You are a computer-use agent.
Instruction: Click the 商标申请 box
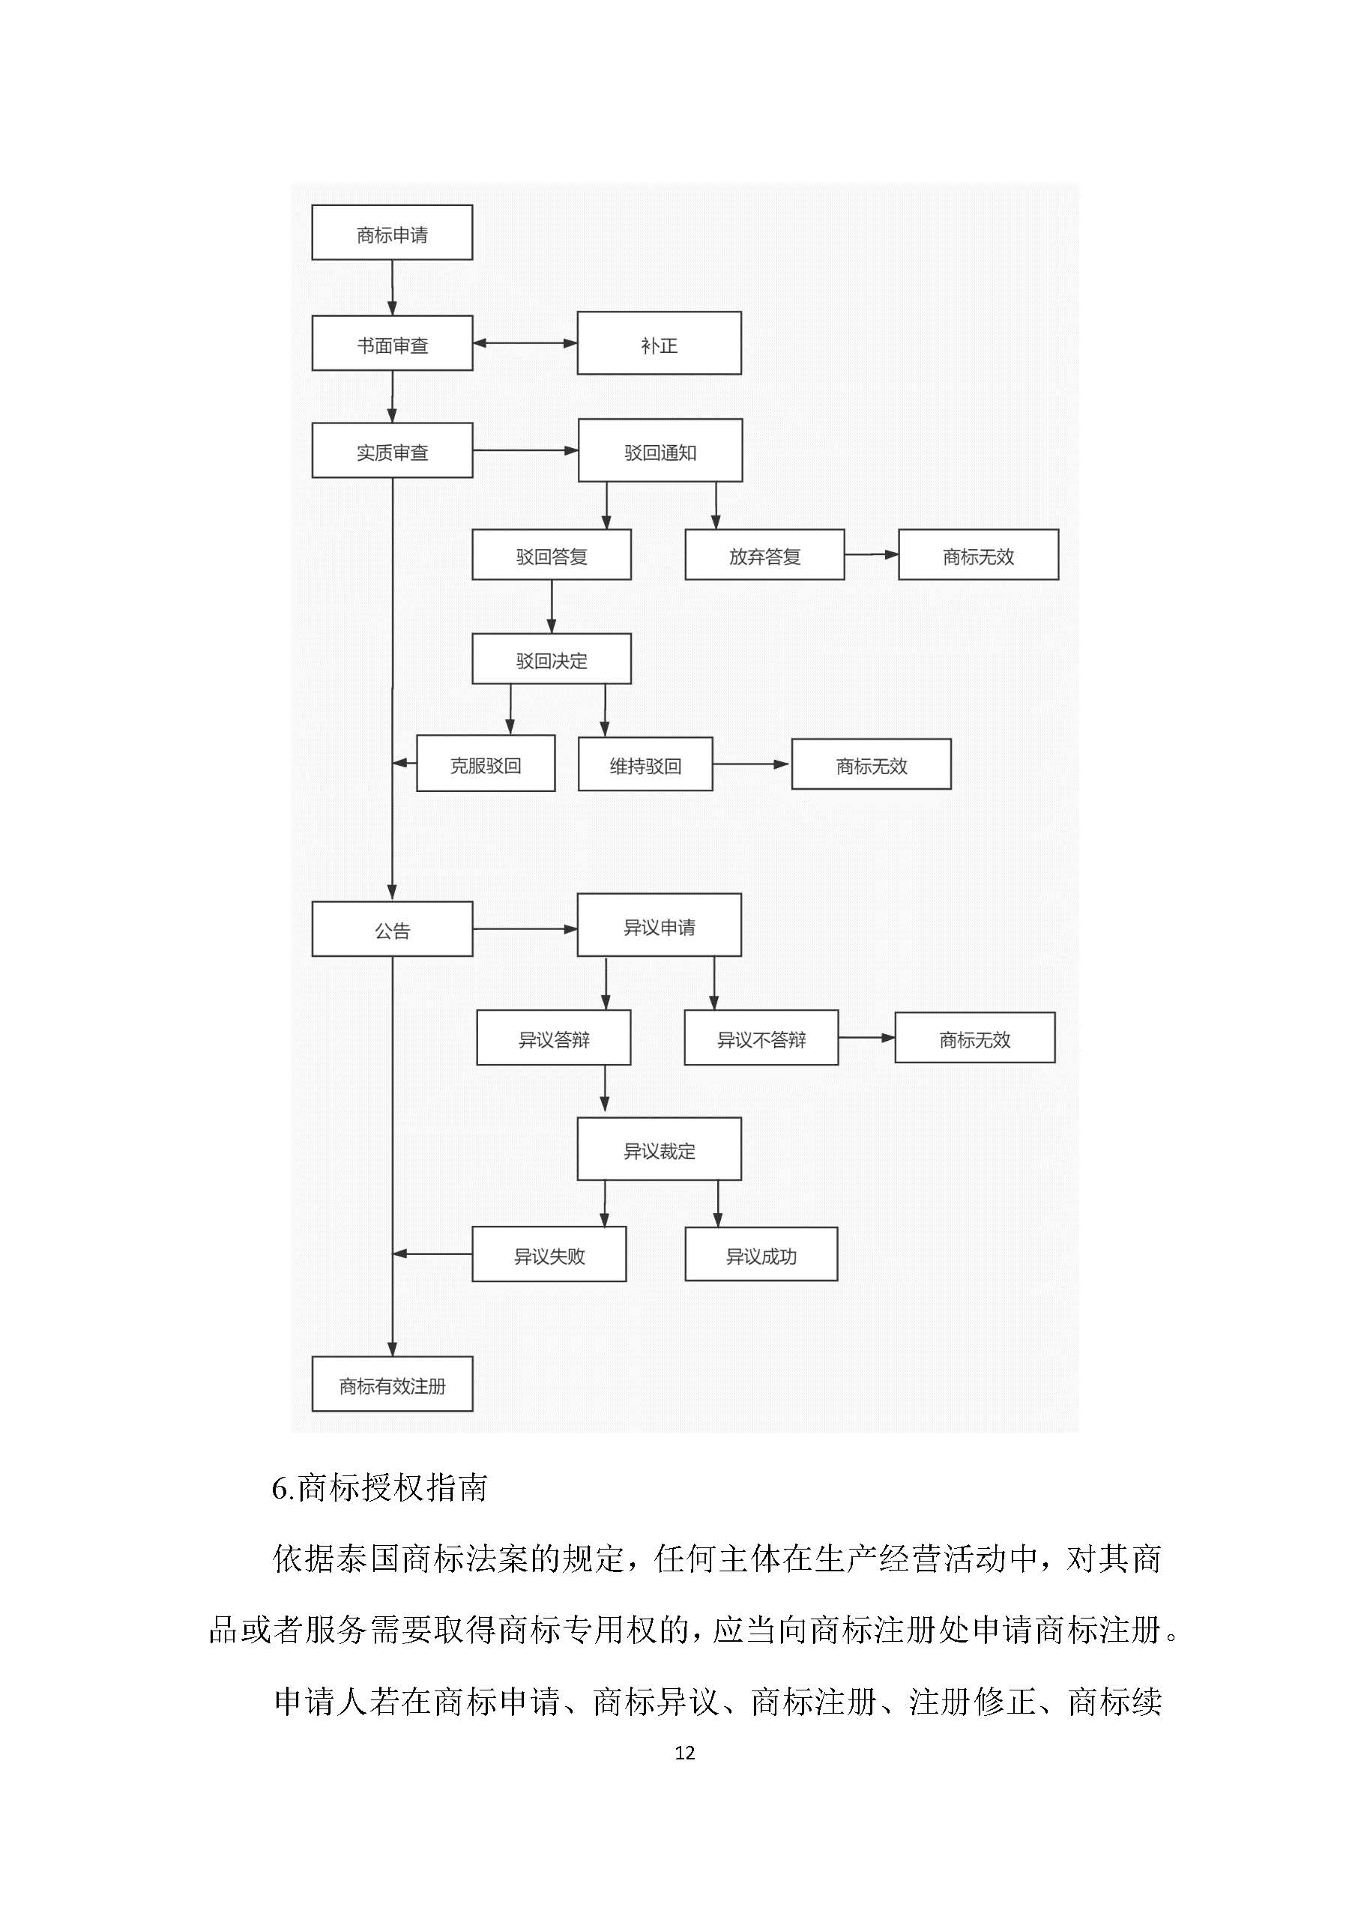pos(391,233)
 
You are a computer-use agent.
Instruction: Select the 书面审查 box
pos(391,343)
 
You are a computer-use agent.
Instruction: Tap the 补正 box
pos(659,343)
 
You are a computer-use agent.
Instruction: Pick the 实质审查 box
pos(391,450)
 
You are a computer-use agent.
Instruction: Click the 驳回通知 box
pos(660,450)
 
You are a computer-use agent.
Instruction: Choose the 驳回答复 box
pos(551,555)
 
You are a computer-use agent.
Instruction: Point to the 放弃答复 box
pos(764,555)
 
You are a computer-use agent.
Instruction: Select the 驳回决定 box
pos(551,659)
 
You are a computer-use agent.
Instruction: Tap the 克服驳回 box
pos(485,764)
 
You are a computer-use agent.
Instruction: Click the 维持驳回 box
pos(645,764)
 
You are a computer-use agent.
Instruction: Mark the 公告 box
pos(391,929)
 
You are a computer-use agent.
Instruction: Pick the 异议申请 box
pos(659,926)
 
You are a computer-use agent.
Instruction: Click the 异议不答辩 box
pos(761,1039)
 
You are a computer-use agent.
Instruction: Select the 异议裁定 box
pos(659,1149)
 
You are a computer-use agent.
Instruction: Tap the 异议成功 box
pos(761,1255)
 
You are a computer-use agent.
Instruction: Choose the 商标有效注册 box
pos(391,1385)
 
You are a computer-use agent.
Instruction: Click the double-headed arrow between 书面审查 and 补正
pos(525,343)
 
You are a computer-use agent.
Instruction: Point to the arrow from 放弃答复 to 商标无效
pos(872,555)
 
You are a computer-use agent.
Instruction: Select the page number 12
pos(684,1753)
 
